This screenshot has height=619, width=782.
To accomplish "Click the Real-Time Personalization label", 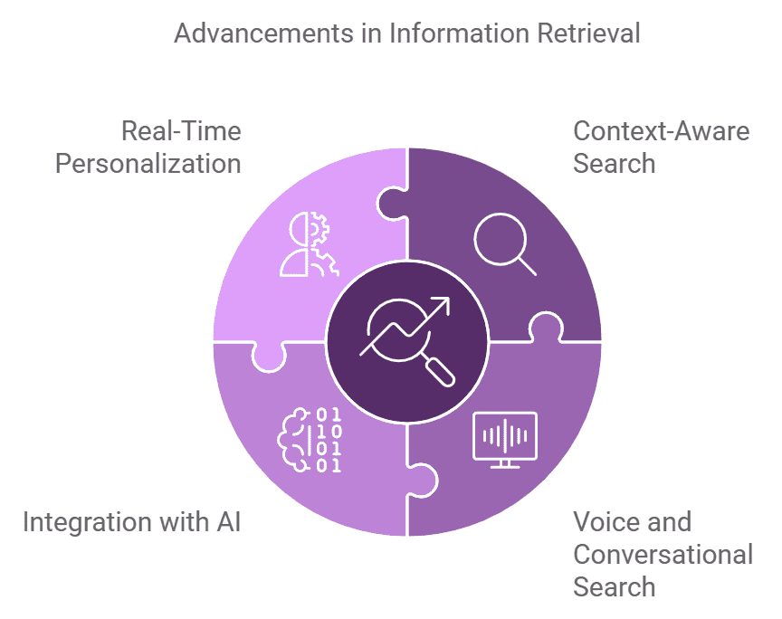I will click(x=148, y=148).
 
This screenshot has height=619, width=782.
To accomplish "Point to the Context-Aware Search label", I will click(x=662, y=148).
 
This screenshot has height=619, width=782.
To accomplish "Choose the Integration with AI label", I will click(x=132, y=522).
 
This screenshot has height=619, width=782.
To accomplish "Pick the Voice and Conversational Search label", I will click(x=663, y=554).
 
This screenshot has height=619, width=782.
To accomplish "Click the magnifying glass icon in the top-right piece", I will click(x=505, y=243).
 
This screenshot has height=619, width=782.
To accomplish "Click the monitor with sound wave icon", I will click(x=505, y=440).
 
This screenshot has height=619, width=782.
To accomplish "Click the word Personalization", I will click(x=148, y=164).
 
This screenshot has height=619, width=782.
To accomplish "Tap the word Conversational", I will click(x=663, y=554).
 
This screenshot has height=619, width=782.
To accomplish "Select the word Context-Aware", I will click(x=662, y=131).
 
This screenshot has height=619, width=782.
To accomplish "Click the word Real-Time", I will click(x=181, y=131).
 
